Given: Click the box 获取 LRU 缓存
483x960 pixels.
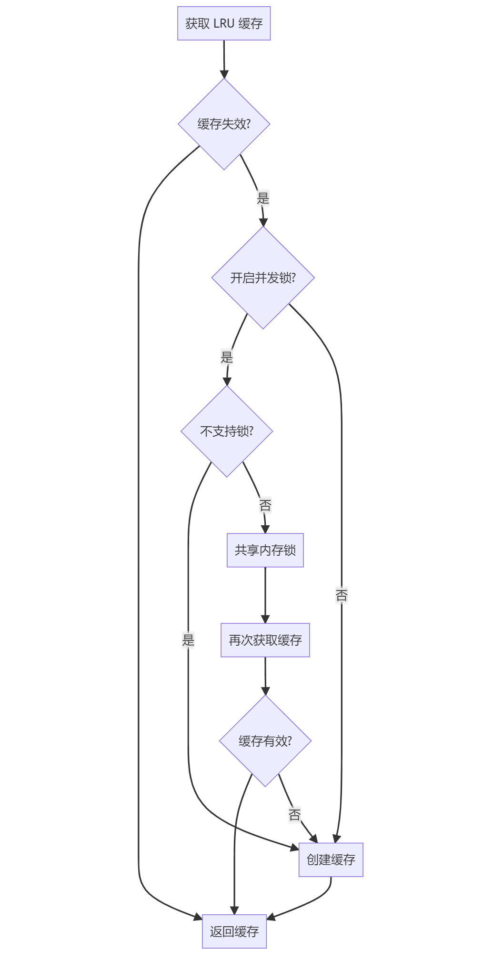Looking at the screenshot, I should coord(224,23).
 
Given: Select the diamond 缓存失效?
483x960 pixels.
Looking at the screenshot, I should coord(224,124).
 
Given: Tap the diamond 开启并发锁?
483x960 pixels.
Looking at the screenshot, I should coord(263,278).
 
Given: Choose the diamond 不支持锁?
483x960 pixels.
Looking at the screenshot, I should coord(227,431).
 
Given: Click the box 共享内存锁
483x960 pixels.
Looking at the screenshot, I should coord(265,550).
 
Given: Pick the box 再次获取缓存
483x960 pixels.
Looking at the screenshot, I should coord(265,640).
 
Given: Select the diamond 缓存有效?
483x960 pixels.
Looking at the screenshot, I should coord(265,741).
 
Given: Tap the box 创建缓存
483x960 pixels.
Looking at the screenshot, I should coord(331,860).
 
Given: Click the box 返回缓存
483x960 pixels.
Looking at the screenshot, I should coord(234,931).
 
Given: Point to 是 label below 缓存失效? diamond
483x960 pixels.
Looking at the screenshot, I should coord(263,198).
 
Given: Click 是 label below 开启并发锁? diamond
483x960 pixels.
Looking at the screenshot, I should coord(227,357).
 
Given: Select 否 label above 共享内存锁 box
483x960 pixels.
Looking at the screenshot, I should coord(265,505).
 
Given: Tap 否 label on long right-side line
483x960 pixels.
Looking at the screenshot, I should coord(342,595).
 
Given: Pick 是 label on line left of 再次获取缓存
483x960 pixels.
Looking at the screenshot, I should coord(188,640).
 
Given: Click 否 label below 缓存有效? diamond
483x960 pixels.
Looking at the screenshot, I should coord(294,815).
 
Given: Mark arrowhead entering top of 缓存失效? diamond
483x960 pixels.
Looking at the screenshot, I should coord(224,74).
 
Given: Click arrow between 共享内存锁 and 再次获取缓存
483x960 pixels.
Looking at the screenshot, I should coord(265,595).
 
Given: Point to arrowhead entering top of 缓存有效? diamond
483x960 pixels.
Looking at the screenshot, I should coord(265,691).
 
